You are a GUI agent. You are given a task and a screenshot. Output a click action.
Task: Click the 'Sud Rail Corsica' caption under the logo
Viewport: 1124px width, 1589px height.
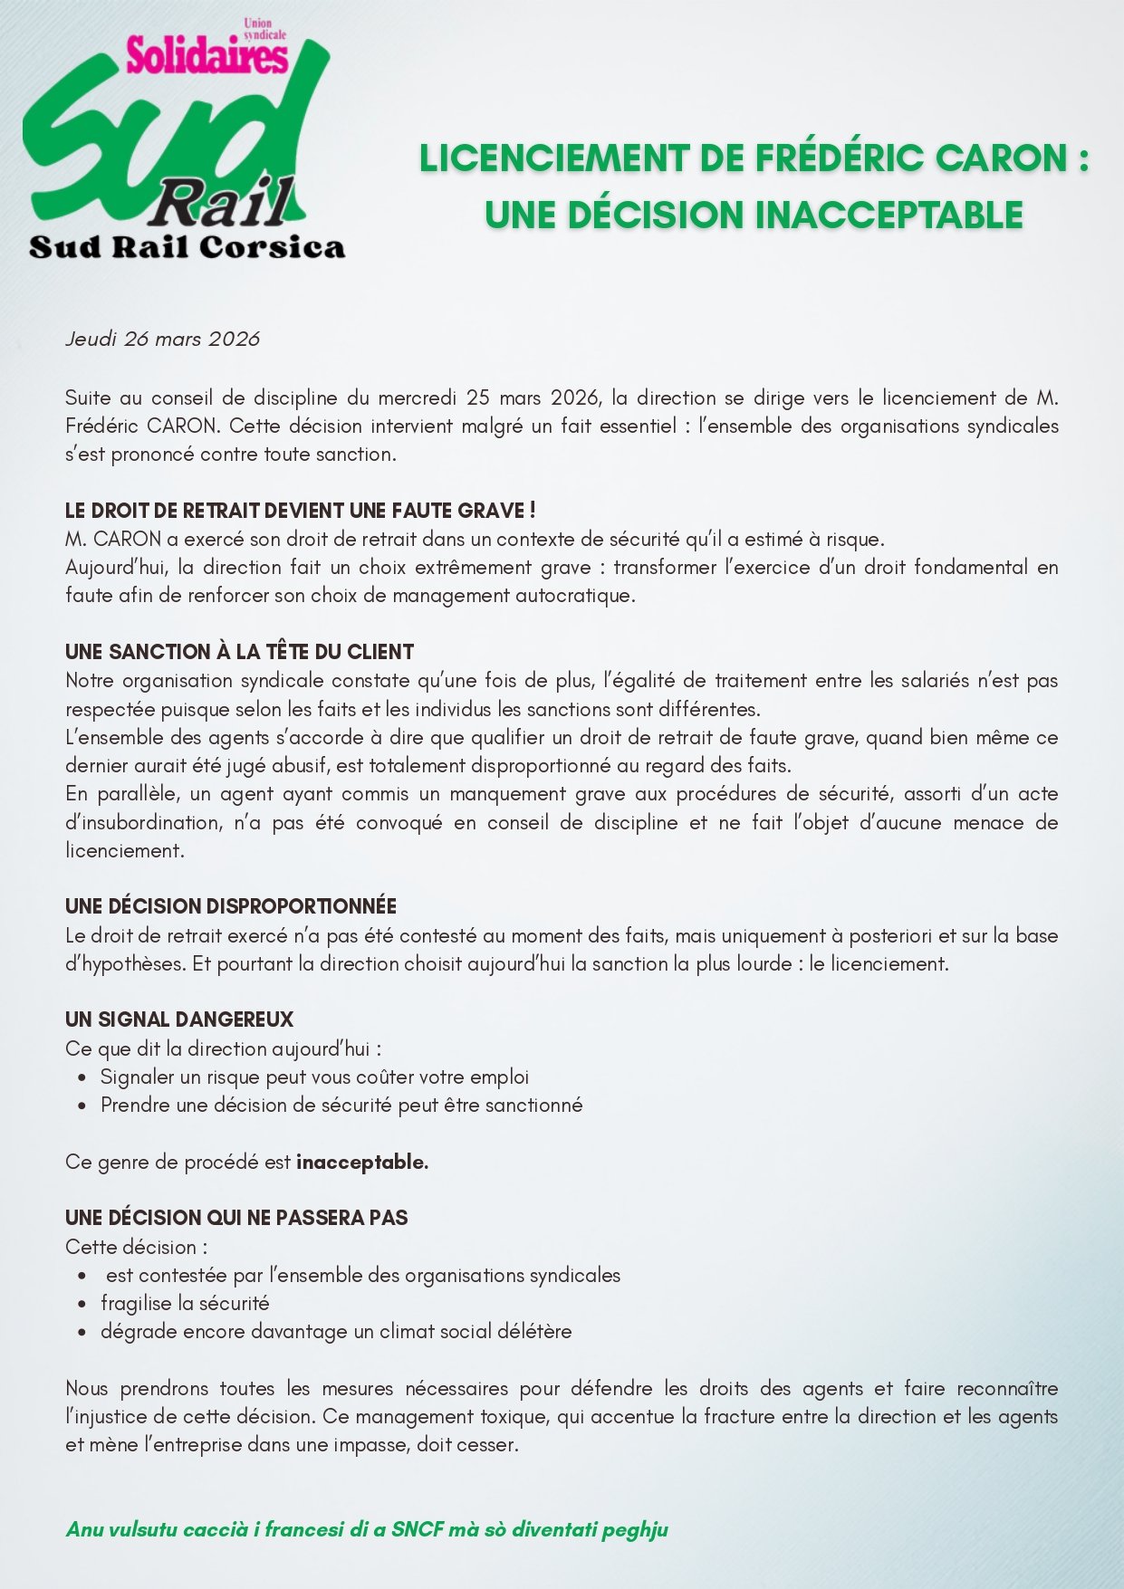(187, 247)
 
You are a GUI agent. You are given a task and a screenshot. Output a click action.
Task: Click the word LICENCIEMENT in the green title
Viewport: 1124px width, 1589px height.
(553, 158)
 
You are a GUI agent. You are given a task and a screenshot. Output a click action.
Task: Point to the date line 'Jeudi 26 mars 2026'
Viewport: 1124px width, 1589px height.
(163, 339)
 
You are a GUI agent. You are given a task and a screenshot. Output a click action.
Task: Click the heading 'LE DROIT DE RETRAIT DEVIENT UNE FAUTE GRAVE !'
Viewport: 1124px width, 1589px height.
(300, 511)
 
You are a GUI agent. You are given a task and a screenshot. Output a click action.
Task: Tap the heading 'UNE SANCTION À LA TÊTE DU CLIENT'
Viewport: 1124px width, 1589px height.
(239, 652)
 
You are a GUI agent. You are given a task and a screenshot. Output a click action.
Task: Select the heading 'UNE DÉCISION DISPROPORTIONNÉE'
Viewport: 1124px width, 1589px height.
(231, 906)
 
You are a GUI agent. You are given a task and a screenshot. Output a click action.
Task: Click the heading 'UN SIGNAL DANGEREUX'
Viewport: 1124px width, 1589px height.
(179, 1019)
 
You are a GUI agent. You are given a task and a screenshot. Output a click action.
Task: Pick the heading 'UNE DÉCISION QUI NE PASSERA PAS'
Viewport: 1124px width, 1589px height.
(236, 1218)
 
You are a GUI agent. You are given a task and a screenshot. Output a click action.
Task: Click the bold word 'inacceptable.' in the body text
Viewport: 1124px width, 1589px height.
(362, 1162)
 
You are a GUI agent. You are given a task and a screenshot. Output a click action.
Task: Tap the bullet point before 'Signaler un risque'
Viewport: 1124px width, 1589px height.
(83, 1077)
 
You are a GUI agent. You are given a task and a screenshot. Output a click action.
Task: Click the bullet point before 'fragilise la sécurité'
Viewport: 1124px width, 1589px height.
(83, 1304)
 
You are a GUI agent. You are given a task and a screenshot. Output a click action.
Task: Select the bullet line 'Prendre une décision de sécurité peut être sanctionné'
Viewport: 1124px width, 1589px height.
(341, 1106)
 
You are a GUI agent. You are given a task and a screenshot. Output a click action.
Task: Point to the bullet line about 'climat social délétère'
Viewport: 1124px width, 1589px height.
(336, 1332)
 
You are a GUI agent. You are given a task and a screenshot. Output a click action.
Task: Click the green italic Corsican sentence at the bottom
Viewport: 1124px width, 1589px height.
(367, 1529)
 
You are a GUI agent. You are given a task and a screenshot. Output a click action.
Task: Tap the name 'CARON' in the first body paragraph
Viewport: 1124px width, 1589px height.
(180, 426)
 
